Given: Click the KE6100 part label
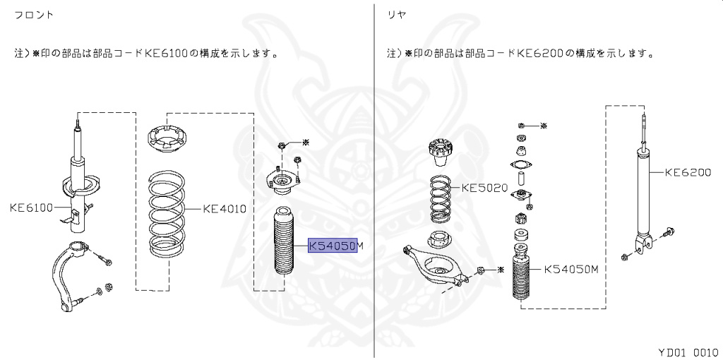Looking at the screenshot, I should (x=32, y=208).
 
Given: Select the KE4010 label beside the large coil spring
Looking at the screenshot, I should (x=224, y=208).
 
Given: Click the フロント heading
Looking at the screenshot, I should (x=35, y=14).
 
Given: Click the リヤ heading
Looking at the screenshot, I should (x=396, y=14).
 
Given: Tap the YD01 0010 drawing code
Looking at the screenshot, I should (x=687, y=351).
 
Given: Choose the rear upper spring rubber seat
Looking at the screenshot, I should (x=439, y=151).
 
